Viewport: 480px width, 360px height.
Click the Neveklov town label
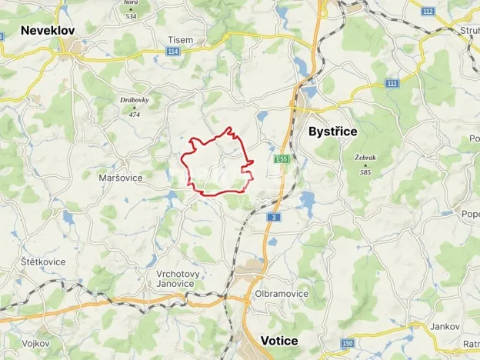pyautogui.click(x=48, y=31)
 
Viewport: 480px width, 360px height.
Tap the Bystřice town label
pyautogui.click(x=332, y=132)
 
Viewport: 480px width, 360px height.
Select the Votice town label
pyautogui.click(x=279, y=340)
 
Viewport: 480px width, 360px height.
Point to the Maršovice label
pyautogui.click(x=121, y=178)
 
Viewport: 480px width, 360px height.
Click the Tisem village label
pyautogui.click(x=181, y=39)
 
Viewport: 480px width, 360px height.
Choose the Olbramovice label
pyautogui.click(x=281, y=294)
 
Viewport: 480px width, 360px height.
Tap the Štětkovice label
pyautogui.click(x=44, y=262)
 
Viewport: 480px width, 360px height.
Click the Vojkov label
pyautogui.click(x=37, y=343)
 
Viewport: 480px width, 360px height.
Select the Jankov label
pyautogui.click(x=445, y=326)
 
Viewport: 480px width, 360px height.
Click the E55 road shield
pyautogui.click(x=282, y=159)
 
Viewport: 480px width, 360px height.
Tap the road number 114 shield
pyautogui.click(x=172, y=52)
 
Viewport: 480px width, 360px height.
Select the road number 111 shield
pyautogui.click(x=393, y=82)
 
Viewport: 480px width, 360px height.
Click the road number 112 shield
pyautogui.click(x=427, y=11)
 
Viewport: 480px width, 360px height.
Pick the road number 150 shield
pyautogui.click(x=348, y=343)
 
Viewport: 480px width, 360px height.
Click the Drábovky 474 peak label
pyautogui.click(x=134, y=105)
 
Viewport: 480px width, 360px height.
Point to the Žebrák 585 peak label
pyautogui.click(x=365, y=163)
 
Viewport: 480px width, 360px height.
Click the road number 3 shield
pyautogui.click(x=272, y=217)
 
